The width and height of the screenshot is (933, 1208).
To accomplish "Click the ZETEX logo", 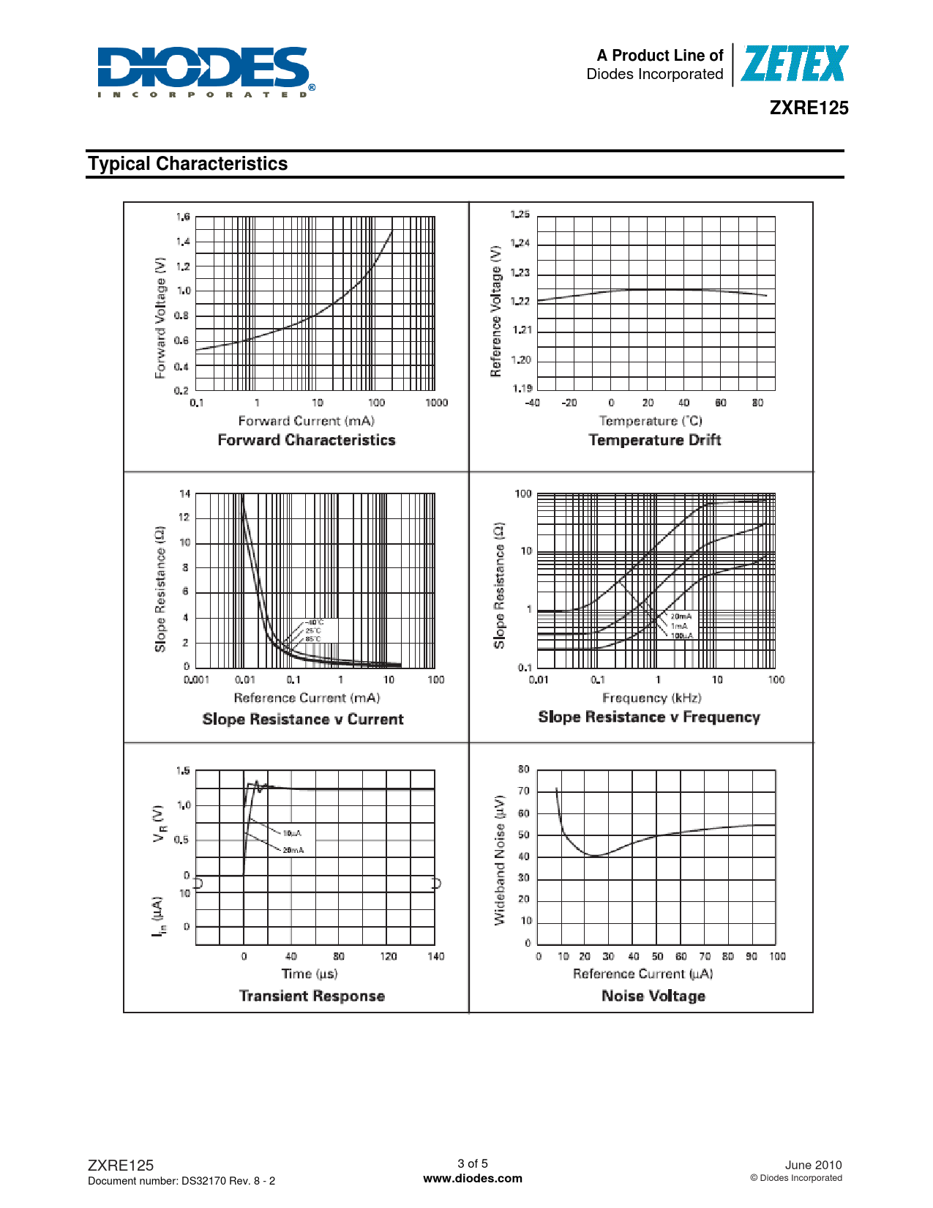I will click(795, 64).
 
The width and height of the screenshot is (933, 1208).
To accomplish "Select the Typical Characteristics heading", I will click(188, 164).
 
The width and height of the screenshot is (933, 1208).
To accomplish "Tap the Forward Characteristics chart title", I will click(307, 440).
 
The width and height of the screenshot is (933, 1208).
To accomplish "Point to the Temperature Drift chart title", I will click(655, 440).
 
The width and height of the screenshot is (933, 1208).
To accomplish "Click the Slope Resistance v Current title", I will click(303, 719).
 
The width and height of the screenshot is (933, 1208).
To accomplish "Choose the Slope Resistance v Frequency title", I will click(649, 717).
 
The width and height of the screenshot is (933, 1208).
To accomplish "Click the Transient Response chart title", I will click(312, 996).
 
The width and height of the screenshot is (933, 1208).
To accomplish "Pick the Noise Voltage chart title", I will click(653, 996).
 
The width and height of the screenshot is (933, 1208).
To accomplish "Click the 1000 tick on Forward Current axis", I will click(436, 403).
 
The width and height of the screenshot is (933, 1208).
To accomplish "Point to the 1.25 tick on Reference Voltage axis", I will click(520, 215).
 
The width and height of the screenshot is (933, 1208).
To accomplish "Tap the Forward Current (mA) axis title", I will click(307, 421).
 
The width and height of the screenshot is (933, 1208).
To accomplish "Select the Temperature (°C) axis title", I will click(651, 421).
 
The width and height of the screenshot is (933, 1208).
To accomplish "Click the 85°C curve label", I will click(313, 638).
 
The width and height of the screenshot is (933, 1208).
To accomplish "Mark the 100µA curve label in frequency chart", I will click(681, 635).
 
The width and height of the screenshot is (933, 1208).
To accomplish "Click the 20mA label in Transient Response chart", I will click(293, 850).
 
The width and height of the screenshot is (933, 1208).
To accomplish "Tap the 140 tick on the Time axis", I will click(436, 956).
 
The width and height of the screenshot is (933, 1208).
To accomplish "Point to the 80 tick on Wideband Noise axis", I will click(524, 769).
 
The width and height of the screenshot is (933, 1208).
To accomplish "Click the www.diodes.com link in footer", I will click(473, 1179).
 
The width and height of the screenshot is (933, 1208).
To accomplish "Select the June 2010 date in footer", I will click(813, 1165).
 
